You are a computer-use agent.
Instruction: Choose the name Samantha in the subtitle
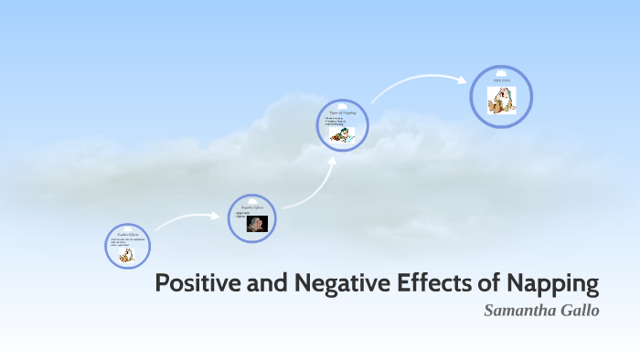coord(518,310)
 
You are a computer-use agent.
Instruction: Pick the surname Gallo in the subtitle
coord(580,310)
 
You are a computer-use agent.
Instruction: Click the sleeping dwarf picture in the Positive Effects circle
coord(126,254)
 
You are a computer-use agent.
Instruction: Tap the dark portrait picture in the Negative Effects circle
coord(257,224)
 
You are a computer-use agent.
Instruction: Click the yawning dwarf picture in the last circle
coord(502,100)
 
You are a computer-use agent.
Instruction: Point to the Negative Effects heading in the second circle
coord(251,207)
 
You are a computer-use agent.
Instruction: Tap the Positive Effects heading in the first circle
coord(127,235)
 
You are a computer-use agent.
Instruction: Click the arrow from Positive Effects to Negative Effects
coord(187,219)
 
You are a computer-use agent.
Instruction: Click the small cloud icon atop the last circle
coord(501,72)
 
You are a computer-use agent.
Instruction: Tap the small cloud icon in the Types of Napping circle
coord(343,104)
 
